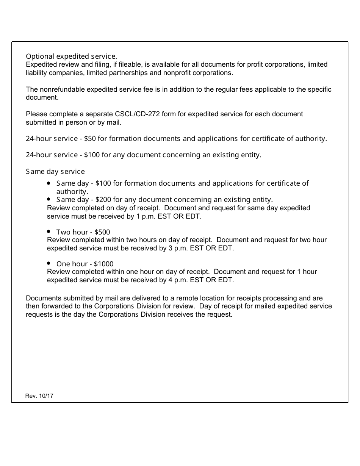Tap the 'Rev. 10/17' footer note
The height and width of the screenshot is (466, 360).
[39, 396]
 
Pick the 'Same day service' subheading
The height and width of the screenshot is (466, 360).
[55, 172]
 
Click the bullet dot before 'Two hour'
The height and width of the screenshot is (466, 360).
[49, 231]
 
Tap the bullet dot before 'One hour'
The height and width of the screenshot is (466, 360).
[49, 263]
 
